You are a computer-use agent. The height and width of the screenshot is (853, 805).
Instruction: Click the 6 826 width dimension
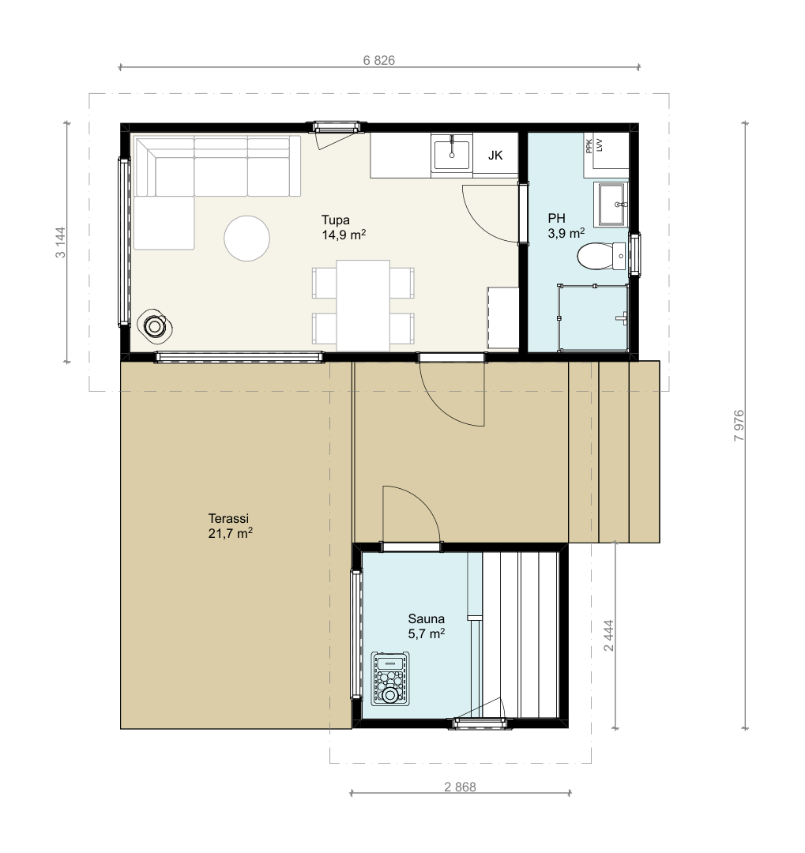tap(379, 60)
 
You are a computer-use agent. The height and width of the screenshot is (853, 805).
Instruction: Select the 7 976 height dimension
tap(739, 426)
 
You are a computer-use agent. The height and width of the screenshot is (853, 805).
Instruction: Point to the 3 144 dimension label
tap(60, 242)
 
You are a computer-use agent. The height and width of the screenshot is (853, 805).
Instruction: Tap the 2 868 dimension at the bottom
tap(460, 787)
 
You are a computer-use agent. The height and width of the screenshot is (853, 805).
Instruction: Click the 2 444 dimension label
tap(608, 635)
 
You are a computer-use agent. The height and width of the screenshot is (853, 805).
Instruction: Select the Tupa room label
tap(335, 220)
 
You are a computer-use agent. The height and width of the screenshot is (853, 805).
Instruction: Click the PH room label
tap(556, 218)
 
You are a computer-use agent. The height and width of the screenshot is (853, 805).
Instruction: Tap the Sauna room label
tap(426, 618)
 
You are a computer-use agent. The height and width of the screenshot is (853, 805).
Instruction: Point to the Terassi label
tap(228, 518)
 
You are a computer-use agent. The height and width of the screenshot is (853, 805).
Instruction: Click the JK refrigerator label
tap(495, 156)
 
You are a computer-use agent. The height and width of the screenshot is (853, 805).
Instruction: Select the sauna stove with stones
tap(389, 679)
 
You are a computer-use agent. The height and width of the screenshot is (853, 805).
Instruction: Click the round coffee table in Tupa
tap(246, 239)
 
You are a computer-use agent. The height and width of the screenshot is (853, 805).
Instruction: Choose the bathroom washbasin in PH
tap(613, 205)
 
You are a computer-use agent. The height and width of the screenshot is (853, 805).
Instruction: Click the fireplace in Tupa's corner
tap(155, 326)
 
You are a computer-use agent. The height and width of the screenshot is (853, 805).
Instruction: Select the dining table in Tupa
tap(363, 306)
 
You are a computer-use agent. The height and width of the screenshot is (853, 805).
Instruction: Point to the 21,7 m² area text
tap(230, 533)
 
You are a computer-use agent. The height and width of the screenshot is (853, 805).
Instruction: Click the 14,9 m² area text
tap(344, 235)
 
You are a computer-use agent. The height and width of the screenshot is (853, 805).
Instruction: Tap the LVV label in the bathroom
tap(600, 145)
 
